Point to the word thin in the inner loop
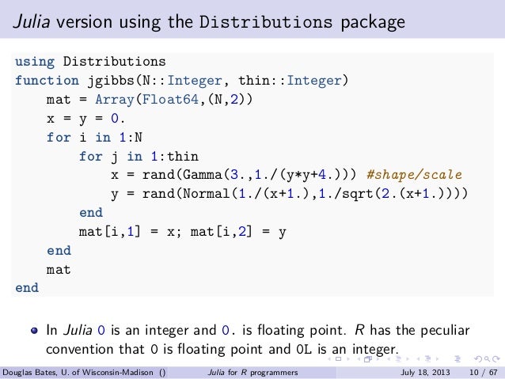click(x=184, y=156)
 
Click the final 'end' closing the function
click(x=27, y=289)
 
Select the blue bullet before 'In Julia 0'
click(x=34, y=330)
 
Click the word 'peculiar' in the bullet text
click(x=443, y=330)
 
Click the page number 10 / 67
click(x=483, y=371)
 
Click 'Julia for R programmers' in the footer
click(x=252, y=371)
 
